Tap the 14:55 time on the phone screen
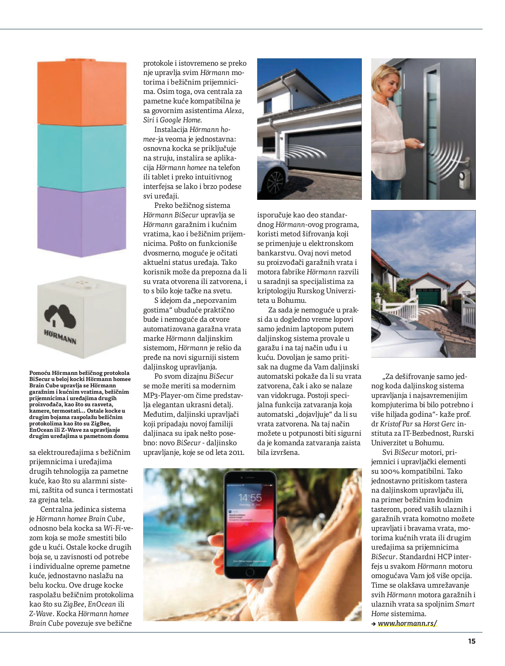(250, 497)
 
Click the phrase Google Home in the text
(180, 120)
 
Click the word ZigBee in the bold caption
(99, 424)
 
